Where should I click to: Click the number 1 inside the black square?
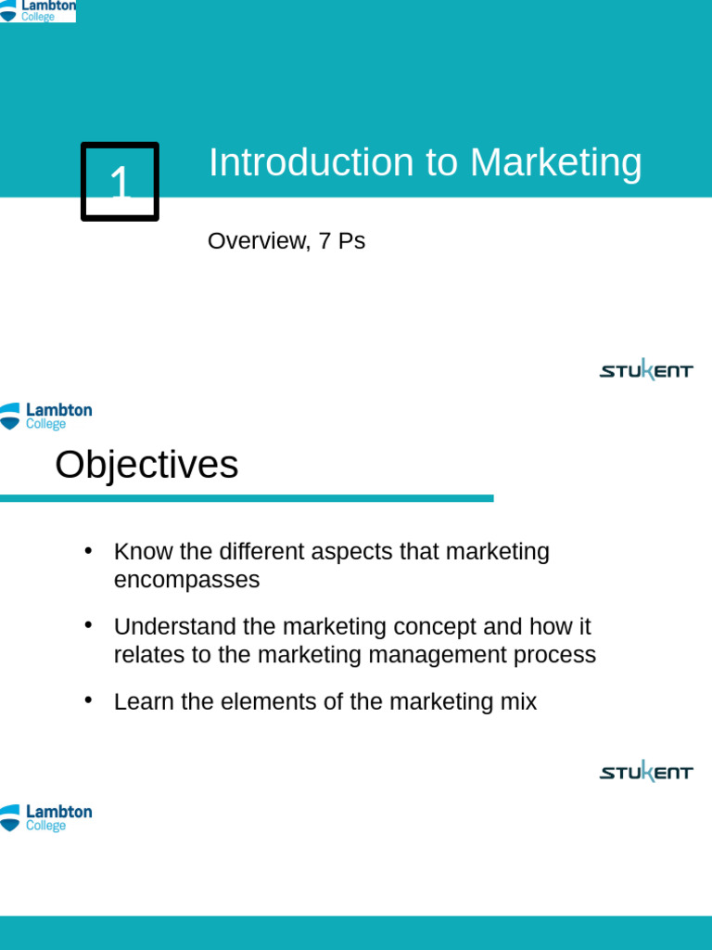pyautogui.click(x=121, y=183)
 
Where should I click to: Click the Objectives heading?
pyautogui.click(x=146, y=465)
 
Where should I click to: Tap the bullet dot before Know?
pyautogui.click(x=89, y=550)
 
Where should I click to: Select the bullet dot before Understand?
pyautogui.click(x=89, y=625)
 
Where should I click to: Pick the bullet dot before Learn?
pyautogui.click(x=89, y=700)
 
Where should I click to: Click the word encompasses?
pyautogui.click(x=186, y=581)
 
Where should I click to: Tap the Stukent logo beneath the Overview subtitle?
pyautogui.click(x=646, y=370)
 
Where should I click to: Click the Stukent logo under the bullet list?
pyautogui.click(x=646, y=771)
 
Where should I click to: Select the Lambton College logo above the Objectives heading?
pyautogui.click(x=46, y=416)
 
